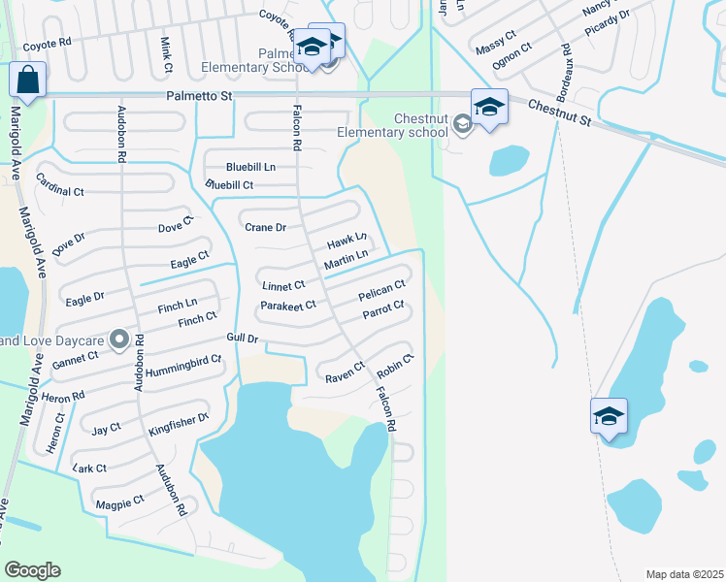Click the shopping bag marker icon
pos(28,80)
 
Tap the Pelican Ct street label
pos(381,290)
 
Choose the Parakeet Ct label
pos(288,306)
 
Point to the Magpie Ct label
pos(119,501)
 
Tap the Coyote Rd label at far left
pos(48,45)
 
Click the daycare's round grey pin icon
pos(119,339)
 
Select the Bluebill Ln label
pos(250,167)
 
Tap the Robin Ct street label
pos(396,367)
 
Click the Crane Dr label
pos(265,228)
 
